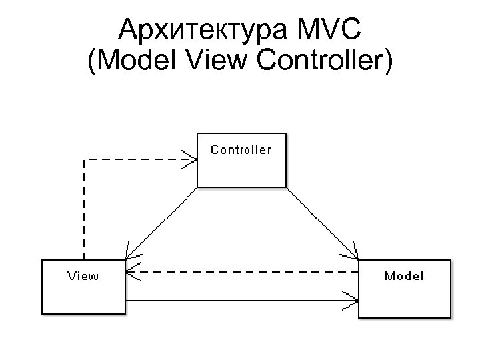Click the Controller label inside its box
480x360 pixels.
[241, 149]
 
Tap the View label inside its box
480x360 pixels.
[83, 276]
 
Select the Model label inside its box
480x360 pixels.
[404, 276]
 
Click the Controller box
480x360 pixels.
[241, 170]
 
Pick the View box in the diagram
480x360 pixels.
[83, 297]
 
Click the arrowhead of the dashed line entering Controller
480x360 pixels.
[192, 159]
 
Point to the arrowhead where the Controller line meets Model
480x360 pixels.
[354, 256]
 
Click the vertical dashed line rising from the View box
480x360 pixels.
[84, 213]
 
